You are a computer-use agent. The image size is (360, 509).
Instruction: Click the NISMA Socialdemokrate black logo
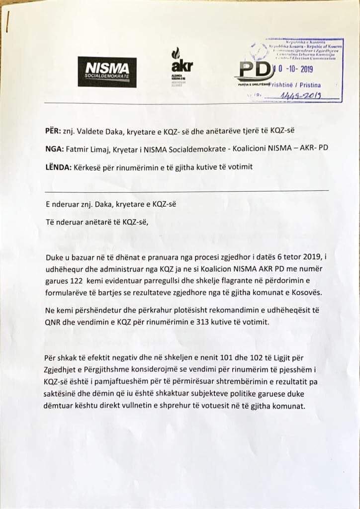pyautogui.click(x=107, y=71)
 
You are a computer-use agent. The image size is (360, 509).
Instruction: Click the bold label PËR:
pyautogui.click(x=51, y=131)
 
